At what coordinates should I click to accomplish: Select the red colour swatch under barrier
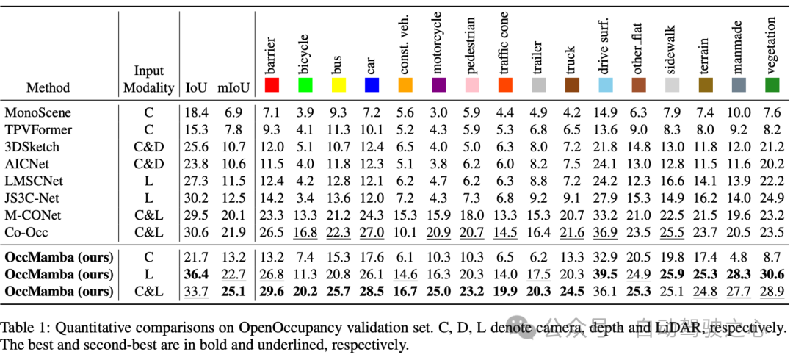pos(272,86)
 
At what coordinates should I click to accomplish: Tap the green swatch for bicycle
pos(305,86)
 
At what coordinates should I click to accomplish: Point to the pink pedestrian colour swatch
pos(472,86)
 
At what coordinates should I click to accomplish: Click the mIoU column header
pos(233,88)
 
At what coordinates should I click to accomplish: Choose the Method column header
pos(48,88)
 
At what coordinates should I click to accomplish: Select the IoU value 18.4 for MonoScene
pos(196,112)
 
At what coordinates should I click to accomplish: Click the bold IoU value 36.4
pos(196,275)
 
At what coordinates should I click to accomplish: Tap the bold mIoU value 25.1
pos(233,292)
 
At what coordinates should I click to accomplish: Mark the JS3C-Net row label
pos(32,197)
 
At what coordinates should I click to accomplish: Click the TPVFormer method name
pos(37,129)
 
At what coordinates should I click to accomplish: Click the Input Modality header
pos(149,79)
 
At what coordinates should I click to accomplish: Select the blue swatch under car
pos(372,86)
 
